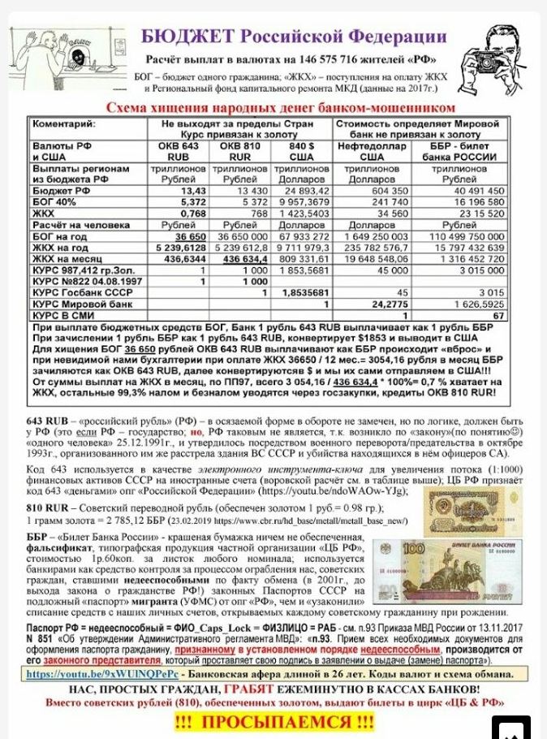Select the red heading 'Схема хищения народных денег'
pos(281,108)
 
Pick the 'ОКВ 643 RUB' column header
pos(179,151)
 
